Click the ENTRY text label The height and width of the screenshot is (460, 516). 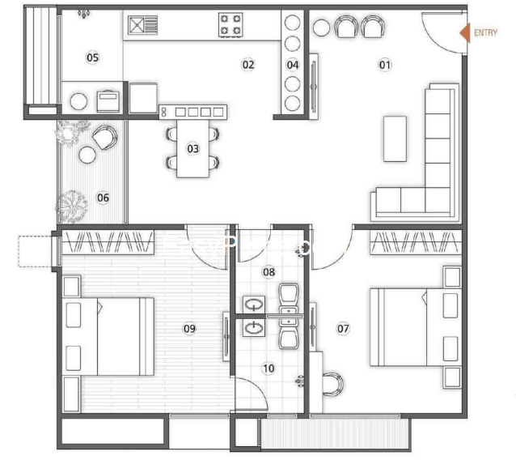coord(485,32)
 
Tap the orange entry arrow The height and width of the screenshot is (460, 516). coord(465,33)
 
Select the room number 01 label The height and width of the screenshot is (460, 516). coord(385,65)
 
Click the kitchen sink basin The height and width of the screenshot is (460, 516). coord(136,25)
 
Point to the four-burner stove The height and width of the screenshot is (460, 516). coord(231,25)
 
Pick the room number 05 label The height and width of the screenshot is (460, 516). coord(92,57)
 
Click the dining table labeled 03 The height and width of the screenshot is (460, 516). coord(192,149)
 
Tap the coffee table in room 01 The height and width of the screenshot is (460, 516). coord(395,138)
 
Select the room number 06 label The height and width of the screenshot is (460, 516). coord(103,198)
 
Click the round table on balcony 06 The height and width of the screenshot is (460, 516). coord(87,155)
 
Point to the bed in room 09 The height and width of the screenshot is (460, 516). coord(108,336)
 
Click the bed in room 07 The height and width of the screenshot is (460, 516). coord(416,327)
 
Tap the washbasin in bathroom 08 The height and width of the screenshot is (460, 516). coord(253,305)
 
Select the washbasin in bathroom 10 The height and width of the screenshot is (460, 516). coord(253,328)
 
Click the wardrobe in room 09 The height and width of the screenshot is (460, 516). coord(108,242)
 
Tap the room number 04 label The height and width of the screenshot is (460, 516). coord(293,65)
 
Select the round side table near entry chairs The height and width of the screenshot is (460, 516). coord(322,28)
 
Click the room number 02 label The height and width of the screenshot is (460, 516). coord(248,65)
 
